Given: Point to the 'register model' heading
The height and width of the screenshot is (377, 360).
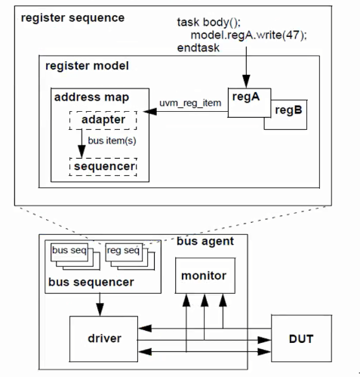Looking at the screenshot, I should tap(87, 66).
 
